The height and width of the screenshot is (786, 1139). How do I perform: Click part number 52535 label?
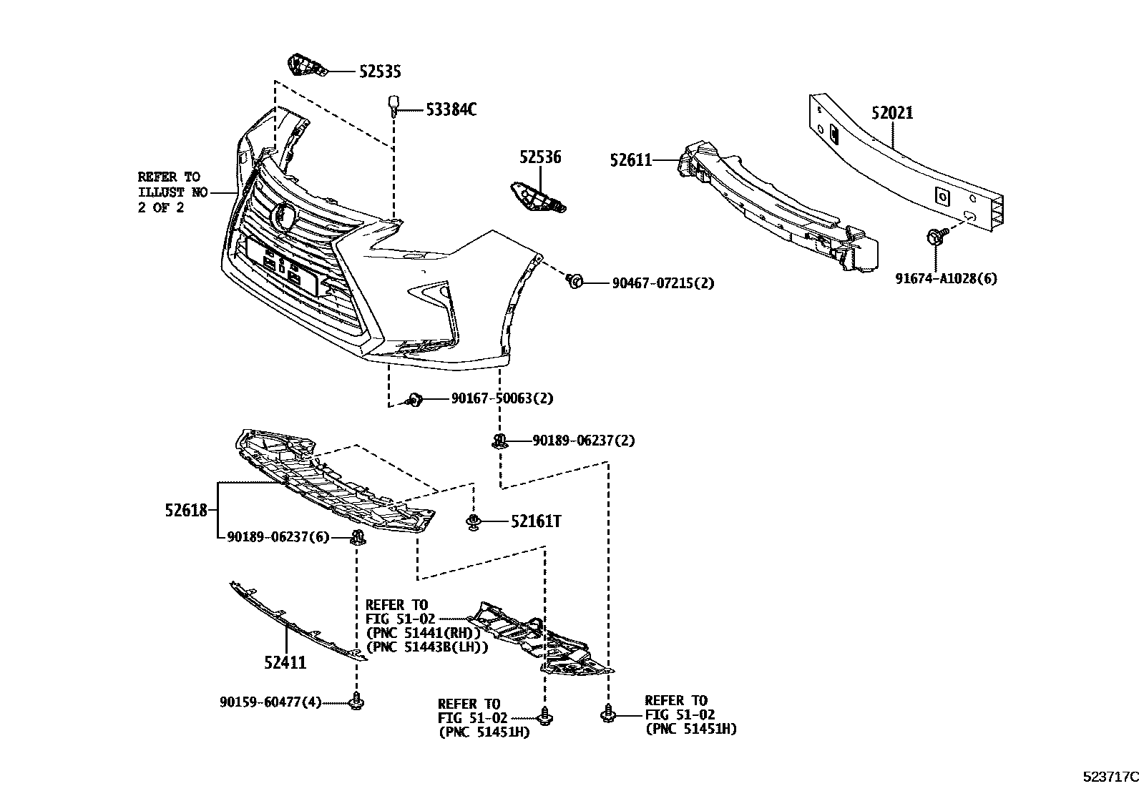pyautogui.click(x=379, y=71)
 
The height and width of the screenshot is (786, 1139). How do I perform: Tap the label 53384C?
pyautogui.click(x=451, y=109)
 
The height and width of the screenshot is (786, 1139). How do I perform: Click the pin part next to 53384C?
pyautogui.click(x=393, y=104)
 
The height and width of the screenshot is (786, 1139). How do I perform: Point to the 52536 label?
pyautogui.click(x=540, y=157)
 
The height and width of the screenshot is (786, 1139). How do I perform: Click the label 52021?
pyautogui.click(x=891, y=113)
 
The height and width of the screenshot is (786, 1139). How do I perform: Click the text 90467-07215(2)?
pyautogui.click(x=663, y=283)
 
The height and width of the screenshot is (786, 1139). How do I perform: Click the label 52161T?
pyautogui.click(x=535, y=521)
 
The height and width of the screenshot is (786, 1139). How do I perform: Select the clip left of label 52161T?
pyautogui.click(x=472, y=521)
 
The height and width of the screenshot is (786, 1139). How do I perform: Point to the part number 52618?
pyautogui.click(x=185, y=510)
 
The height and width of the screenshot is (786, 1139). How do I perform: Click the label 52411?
pyautogui.click(x=285, y=663)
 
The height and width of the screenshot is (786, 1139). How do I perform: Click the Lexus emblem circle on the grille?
pyautogui.click(x=285, y=215)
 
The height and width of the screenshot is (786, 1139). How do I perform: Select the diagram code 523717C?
pyautogui.click(x=1108, y=775)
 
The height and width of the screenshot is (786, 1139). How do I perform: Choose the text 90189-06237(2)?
pyautogui.click(x=582, y=441)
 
